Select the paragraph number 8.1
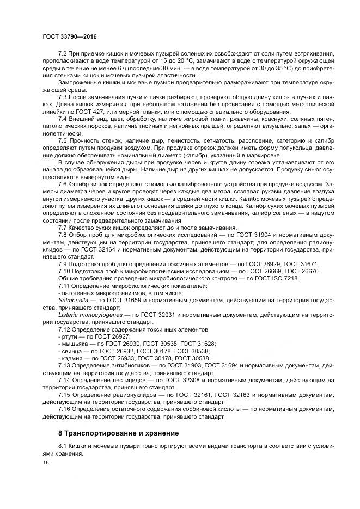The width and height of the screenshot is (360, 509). (63, 446)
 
